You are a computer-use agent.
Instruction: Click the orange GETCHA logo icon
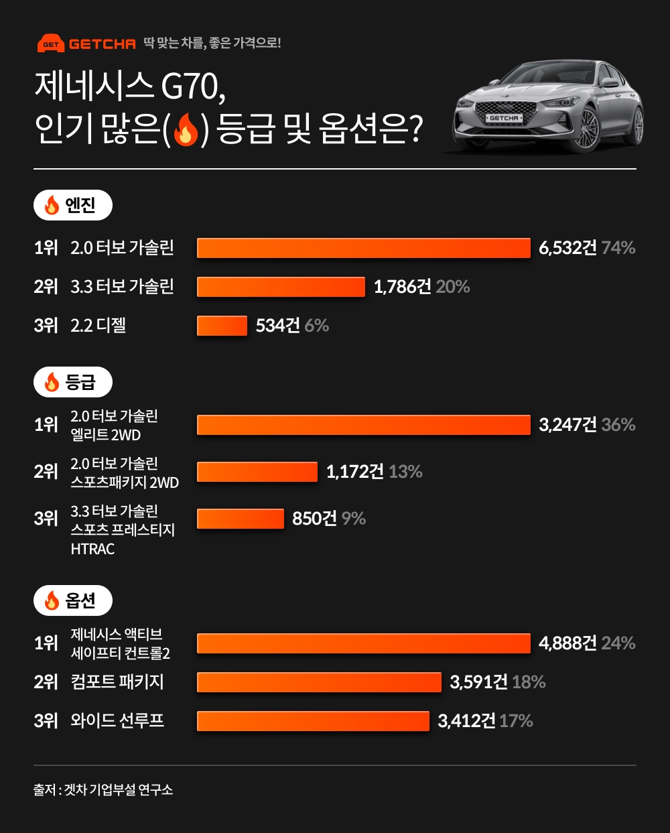pos(51,44)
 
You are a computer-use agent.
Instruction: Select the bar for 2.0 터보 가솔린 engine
pos(363,248)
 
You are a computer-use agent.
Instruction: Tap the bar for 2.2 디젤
pos(222,326)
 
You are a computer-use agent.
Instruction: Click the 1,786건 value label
pos(402,287)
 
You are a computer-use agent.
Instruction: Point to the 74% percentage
pos(618,248)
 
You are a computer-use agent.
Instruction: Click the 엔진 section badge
pos(72,205)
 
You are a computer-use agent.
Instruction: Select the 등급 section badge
pos(72,383)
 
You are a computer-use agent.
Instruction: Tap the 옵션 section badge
pos(72,600)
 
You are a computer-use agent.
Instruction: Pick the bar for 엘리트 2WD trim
pos(363,425)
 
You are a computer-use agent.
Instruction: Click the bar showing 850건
pos(241,519)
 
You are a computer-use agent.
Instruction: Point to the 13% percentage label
pos(405,472)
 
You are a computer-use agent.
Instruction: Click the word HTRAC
pos(92,549)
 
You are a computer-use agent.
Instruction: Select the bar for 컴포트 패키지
pos(319,682)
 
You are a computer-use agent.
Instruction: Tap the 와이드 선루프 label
pos(117,721)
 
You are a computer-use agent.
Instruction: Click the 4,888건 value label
pos(567,643)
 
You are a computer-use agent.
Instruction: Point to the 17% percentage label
pos(516,721)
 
